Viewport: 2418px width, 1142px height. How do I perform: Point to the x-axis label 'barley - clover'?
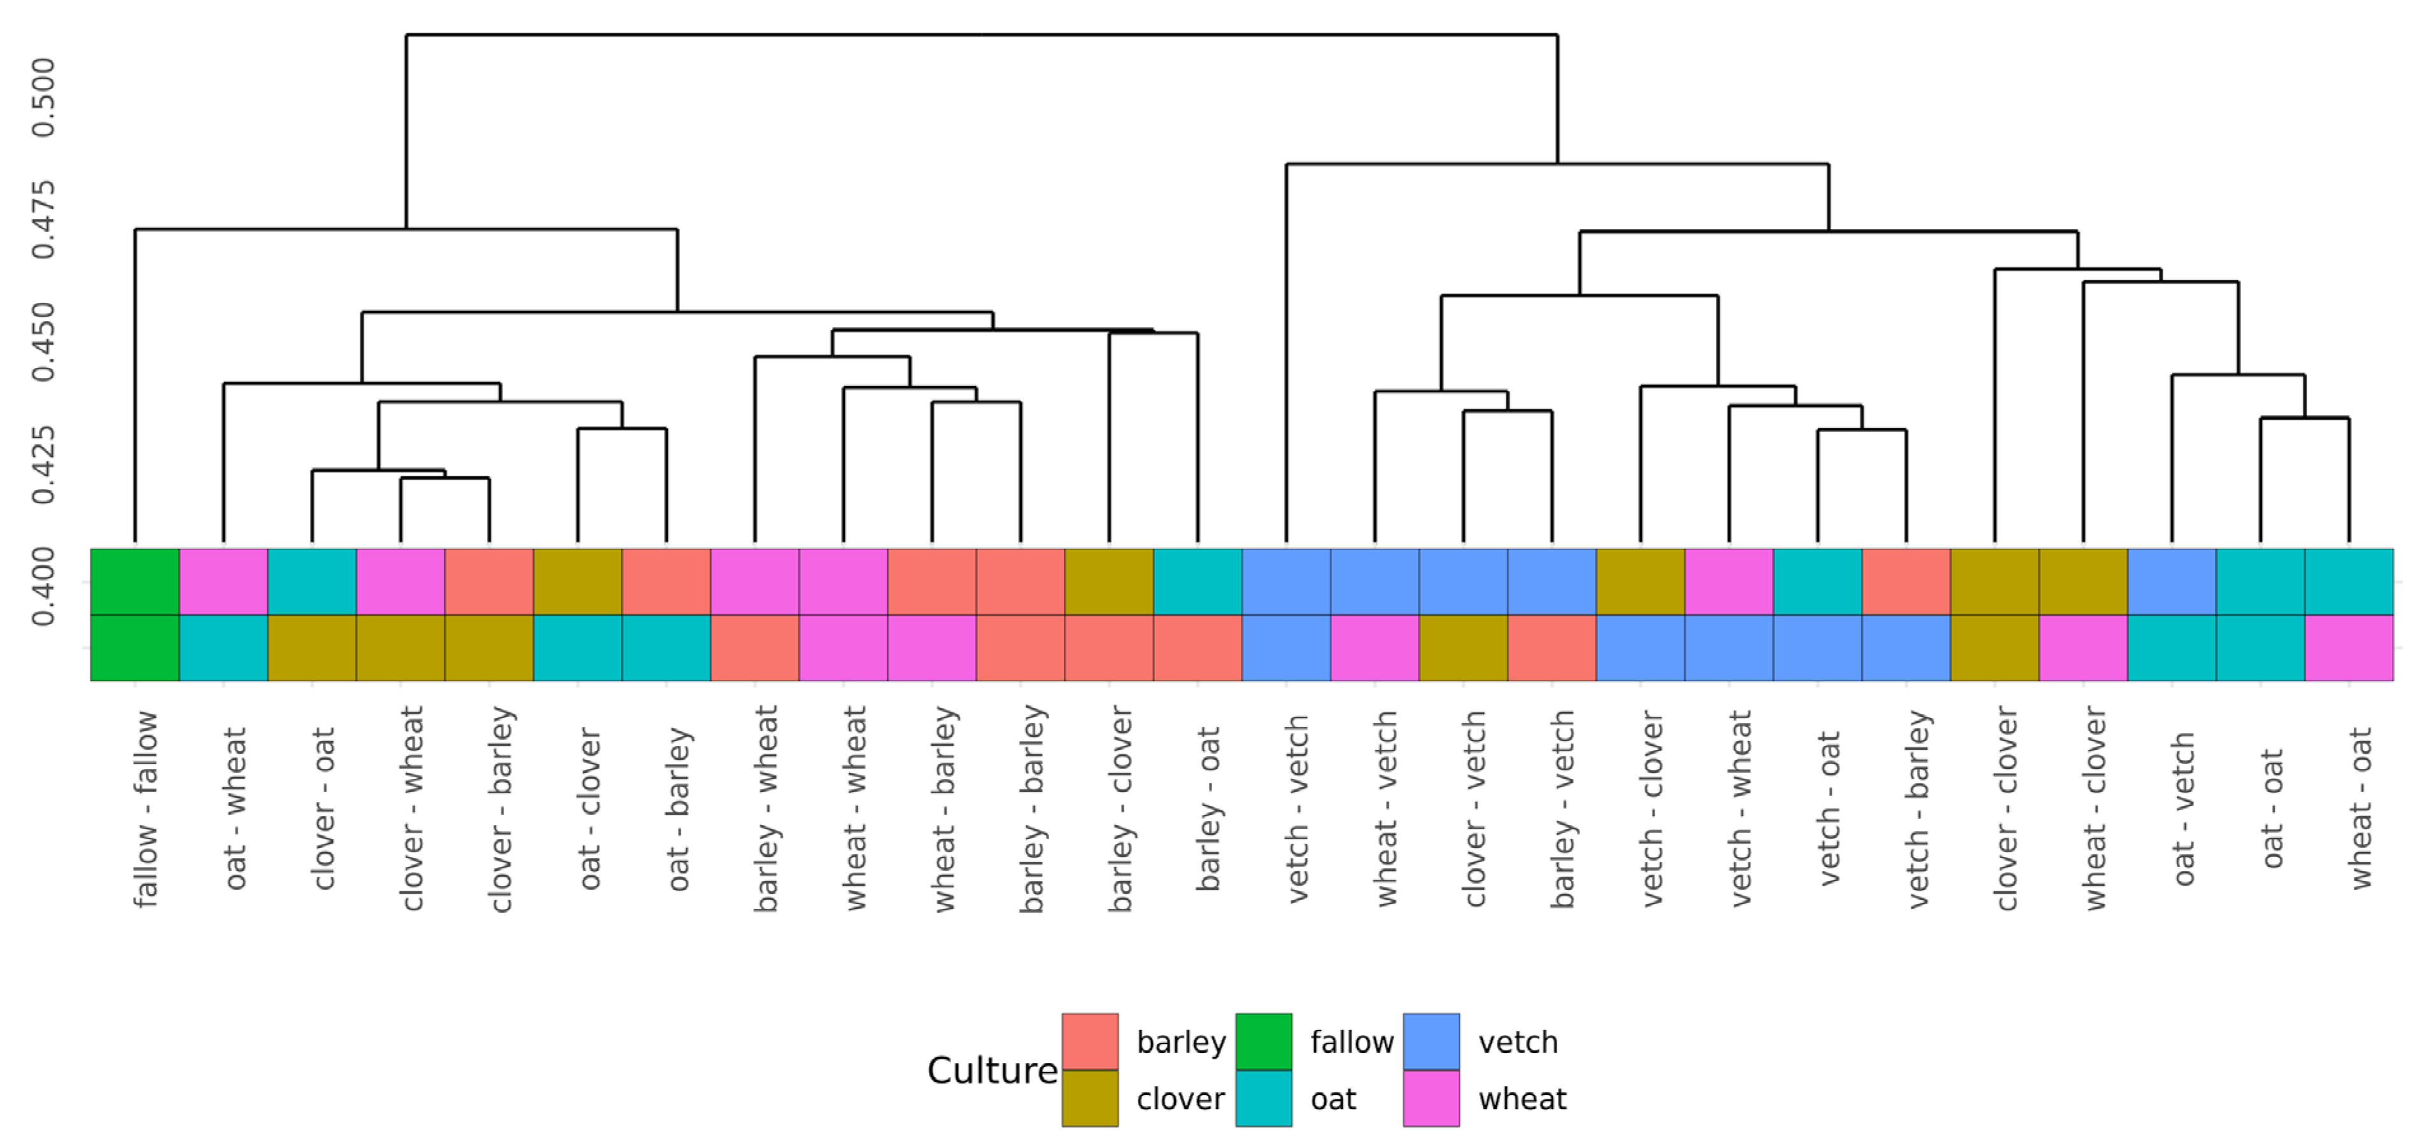[x=1121, y=809]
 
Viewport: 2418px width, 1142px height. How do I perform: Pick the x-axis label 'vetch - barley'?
[x=1918, y=809]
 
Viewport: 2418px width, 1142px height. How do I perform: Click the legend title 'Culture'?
[x=992, y=1069]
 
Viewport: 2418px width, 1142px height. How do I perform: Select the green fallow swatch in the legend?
[x=1264, y=1041]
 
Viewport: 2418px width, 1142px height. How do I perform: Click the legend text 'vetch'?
[x=1518, y=1041]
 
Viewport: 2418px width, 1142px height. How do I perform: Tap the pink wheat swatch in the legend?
[x=1431, y=1098]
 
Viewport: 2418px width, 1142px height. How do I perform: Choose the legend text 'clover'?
[x=1180, y=1098]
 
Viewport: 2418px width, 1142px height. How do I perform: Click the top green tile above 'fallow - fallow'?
[x=135, y=582]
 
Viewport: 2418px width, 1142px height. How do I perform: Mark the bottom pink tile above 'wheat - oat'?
[x=2349, y=647]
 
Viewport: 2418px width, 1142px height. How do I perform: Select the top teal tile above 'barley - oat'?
[x=1198, y=582]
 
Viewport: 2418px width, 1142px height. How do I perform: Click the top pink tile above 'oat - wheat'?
[x=223, y=582]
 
